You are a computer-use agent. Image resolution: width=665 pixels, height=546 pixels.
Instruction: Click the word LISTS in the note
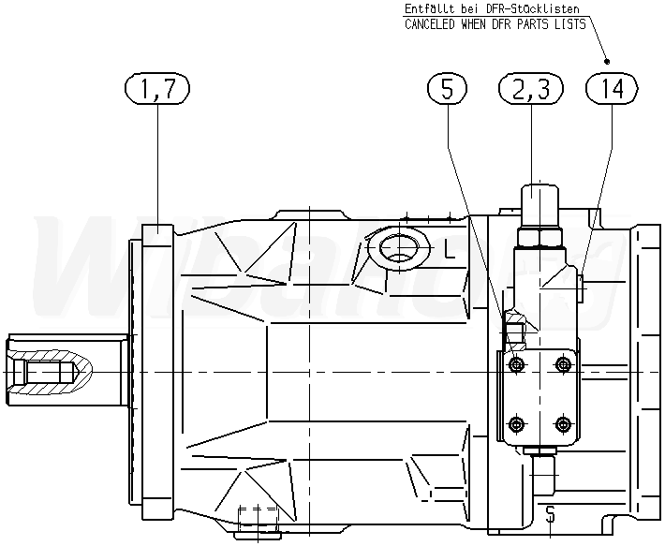pyautogui.click(x=570, y=24)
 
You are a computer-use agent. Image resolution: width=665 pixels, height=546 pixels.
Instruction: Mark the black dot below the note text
pyautogui.click(x=607, y=61)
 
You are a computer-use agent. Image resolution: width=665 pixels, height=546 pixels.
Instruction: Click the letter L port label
pyautogui.click(x=450, y=249)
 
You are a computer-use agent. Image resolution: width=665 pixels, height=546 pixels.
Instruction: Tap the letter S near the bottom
pyautogui.click(x=550, y=514)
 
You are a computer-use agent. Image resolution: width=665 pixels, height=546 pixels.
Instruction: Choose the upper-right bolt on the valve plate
pyautogui.click(x=562, y=363)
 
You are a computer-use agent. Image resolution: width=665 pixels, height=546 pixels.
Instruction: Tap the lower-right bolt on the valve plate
pyautogui.click(x=562, y=424)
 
